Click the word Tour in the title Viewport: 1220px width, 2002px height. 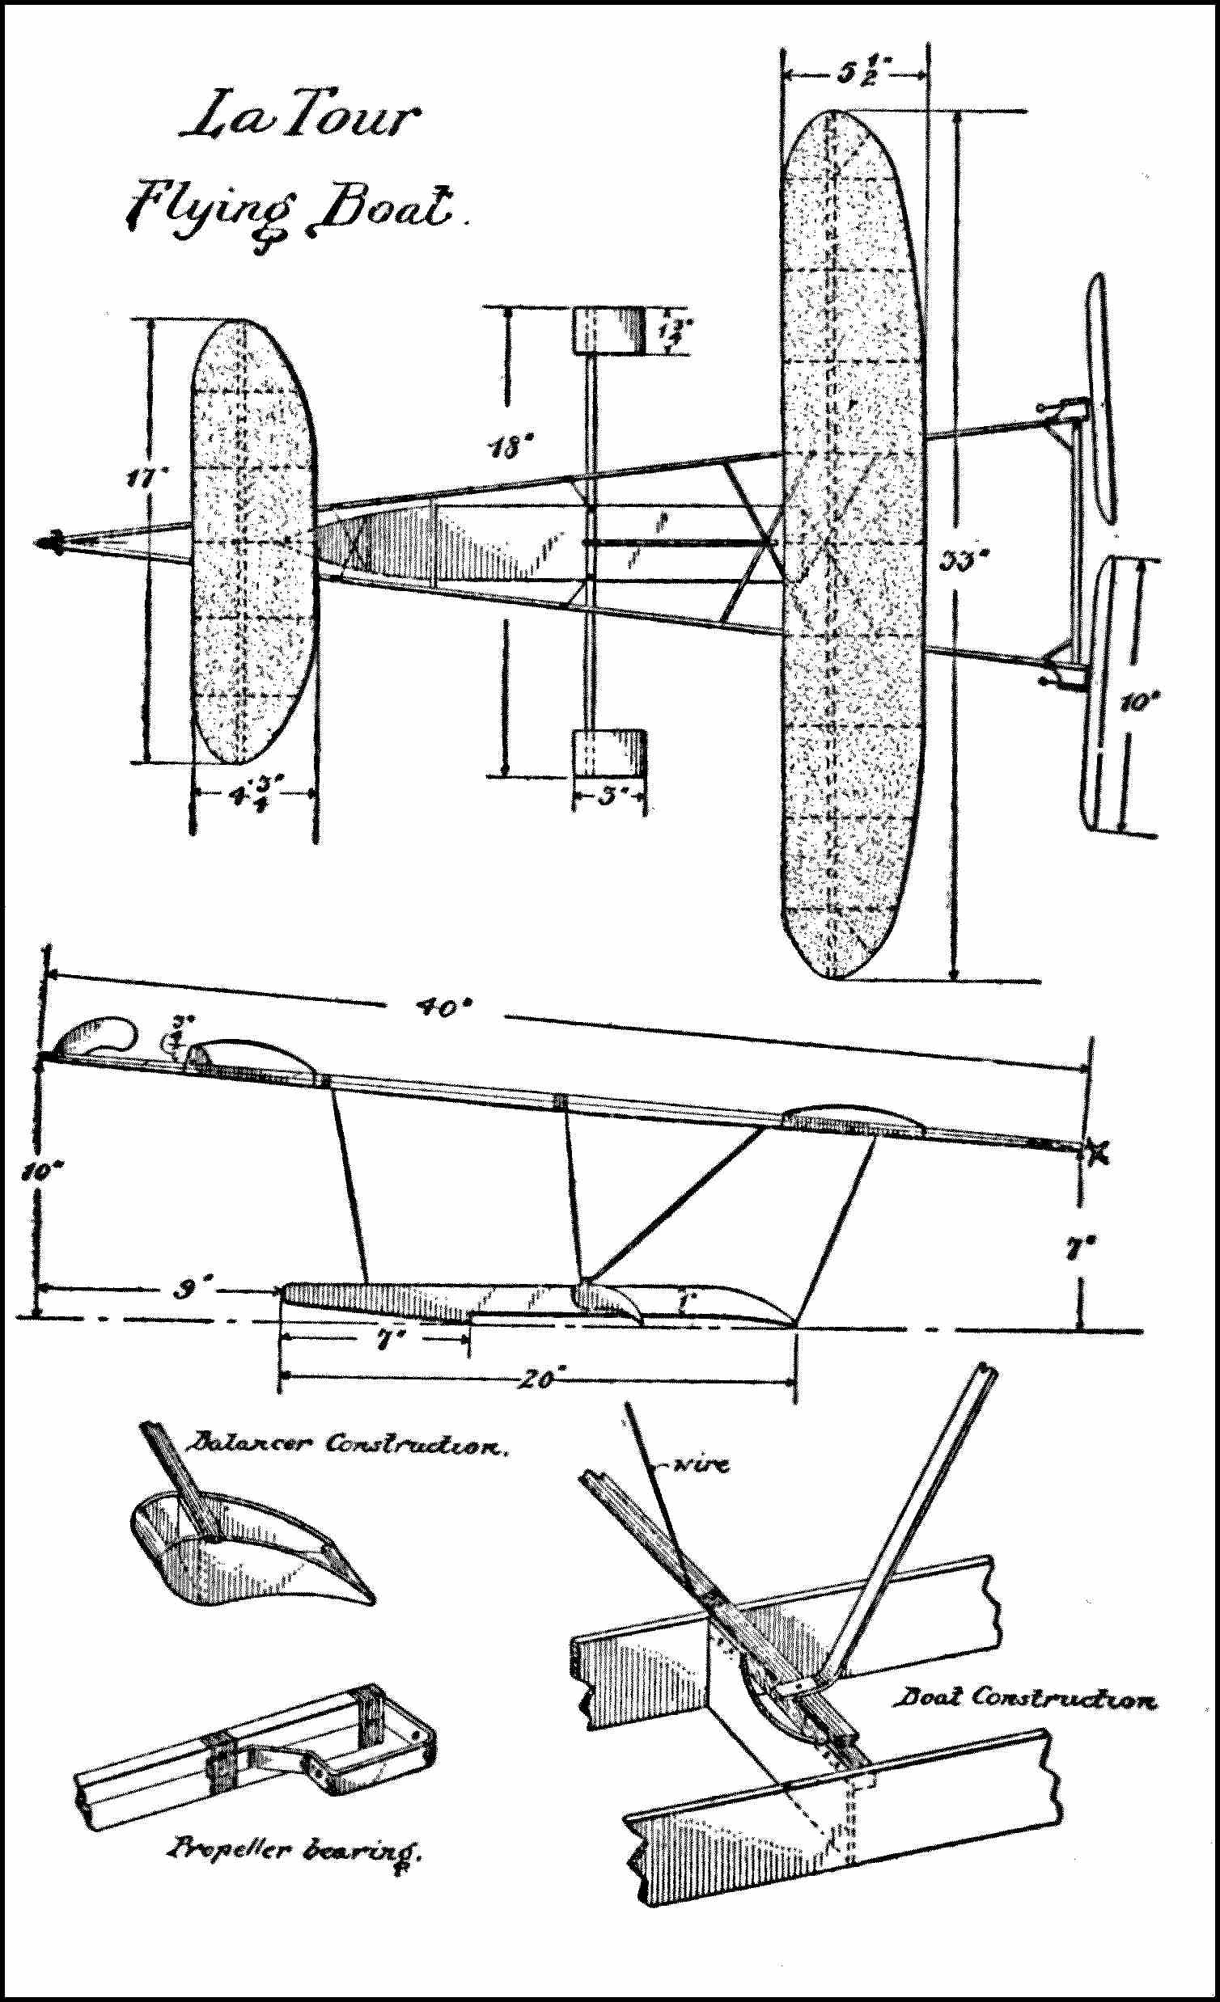coord(358,119)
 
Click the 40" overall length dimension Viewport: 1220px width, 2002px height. coord(444,1008)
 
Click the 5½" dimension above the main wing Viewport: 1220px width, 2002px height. coord(854,74)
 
